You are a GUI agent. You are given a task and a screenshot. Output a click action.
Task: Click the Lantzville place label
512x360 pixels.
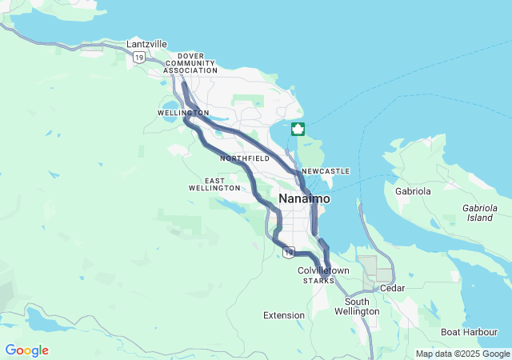[147, 44]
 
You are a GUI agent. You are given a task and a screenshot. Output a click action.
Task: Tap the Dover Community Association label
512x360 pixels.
[190, 63]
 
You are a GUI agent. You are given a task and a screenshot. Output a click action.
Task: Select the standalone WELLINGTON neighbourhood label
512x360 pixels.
[183, 113]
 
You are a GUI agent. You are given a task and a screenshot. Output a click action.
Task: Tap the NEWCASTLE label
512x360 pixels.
[326, 171]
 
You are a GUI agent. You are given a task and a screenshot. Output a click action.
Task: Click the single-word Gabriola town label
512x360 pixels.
[413, 191]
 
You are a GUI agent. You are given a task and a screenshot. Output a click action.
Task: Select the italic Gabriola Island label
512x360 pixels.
[480, 212]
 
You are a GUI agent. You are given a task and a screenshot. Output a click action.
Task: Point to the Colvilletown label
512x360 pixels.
[323, 271]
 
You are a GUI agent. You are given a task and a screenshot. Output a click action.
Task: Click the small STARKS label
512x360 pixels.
[318, 281]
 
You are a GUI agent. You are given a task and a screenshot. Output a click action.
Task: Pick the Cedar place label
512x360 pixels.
[392, 288]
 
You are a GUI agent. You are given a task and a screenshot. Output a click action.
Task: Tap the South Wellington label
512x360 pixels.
[357, 306]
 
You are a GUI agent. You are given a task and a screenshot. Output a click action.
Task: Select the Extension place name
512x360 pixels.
[284, 315]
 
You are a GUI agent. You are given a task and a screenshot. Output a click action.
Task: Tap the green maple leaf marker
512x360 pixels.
[298, 129]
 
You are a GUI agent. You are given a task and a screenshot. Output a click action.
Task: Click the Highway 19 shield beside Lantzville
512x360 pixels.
[139, 57]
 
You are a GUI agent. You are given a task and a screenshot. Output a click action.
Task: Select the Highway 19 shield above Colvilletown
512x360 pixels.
[287, 253]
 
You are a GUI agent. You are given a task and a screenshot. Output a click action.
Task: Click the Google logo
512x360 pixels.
[27, 350]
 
